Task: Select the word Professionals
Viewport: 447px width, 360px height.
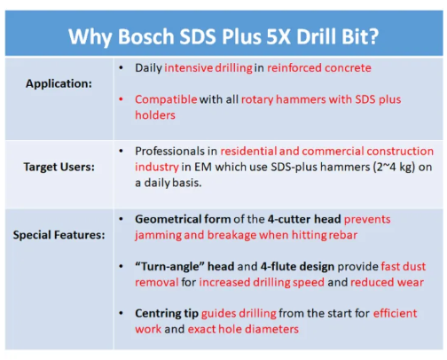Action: click(x=173, y=151)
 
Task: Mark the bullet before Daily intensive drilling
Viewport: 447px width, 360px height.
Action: click(x=121, y=67)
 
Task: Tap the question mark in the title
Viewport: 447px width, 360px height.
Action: click(x=375, y=37)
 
